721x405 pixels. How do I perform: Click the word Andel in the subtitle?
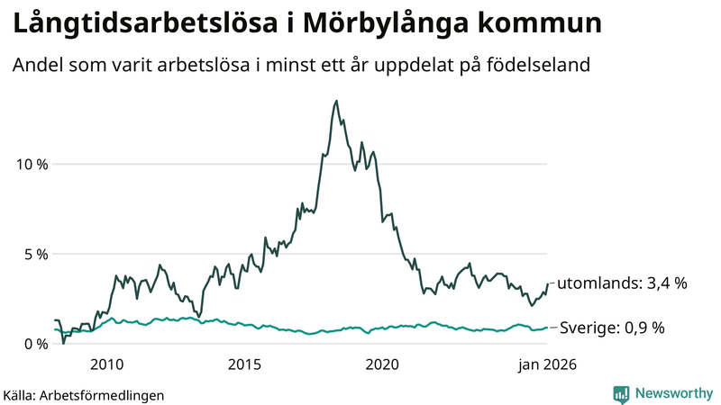pyautogui.click(x=37, y=66)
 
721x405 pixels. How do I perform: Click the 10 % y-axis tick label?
pyautogui.click(x=32, y=164)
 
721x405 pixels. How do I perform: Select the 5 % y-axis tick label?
pyautogui.click(x=35, y=254)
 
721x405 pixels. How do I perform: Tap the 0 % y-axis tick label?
pyautogui.click(x=35, y=344)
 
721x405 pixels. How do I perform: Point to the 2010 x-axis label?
pyautogui.click(x=106, y=364)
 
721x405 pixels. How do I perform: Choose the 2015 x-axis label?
pyautogui.click(x=244, y=364)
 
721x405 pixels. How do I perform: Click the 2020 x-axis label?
pyautogui.click(x=382, y=364)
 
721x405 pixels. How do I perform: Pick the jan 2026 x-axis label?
pyautogui.click(x=545, y=364)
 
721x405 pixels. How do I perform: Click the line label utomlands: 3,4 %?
pyautogui.click(x=622, y=283)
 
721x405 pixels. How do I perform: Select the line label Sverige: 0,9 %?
pyautogui.click(x=612, y=328)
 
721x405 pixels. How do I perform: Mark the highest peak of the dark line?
pyautogui.click(x=336, y=101)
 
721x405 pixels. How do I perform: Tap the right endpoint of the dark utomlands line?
pyautogui.click(x=547, y=284)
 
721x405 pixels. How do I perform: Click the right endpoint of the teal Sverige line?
pyautogui.click(x=547, y=328)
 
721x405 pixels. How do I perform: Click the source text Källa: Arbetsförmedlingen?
pyautogui.click(x=84, y=394)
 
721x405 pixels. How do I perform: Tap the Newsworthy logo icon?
pyautogui.click(x=621, y=393)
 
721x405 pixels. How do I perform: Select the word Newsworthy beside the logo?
pyautogui.click(x=672, y=393)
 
